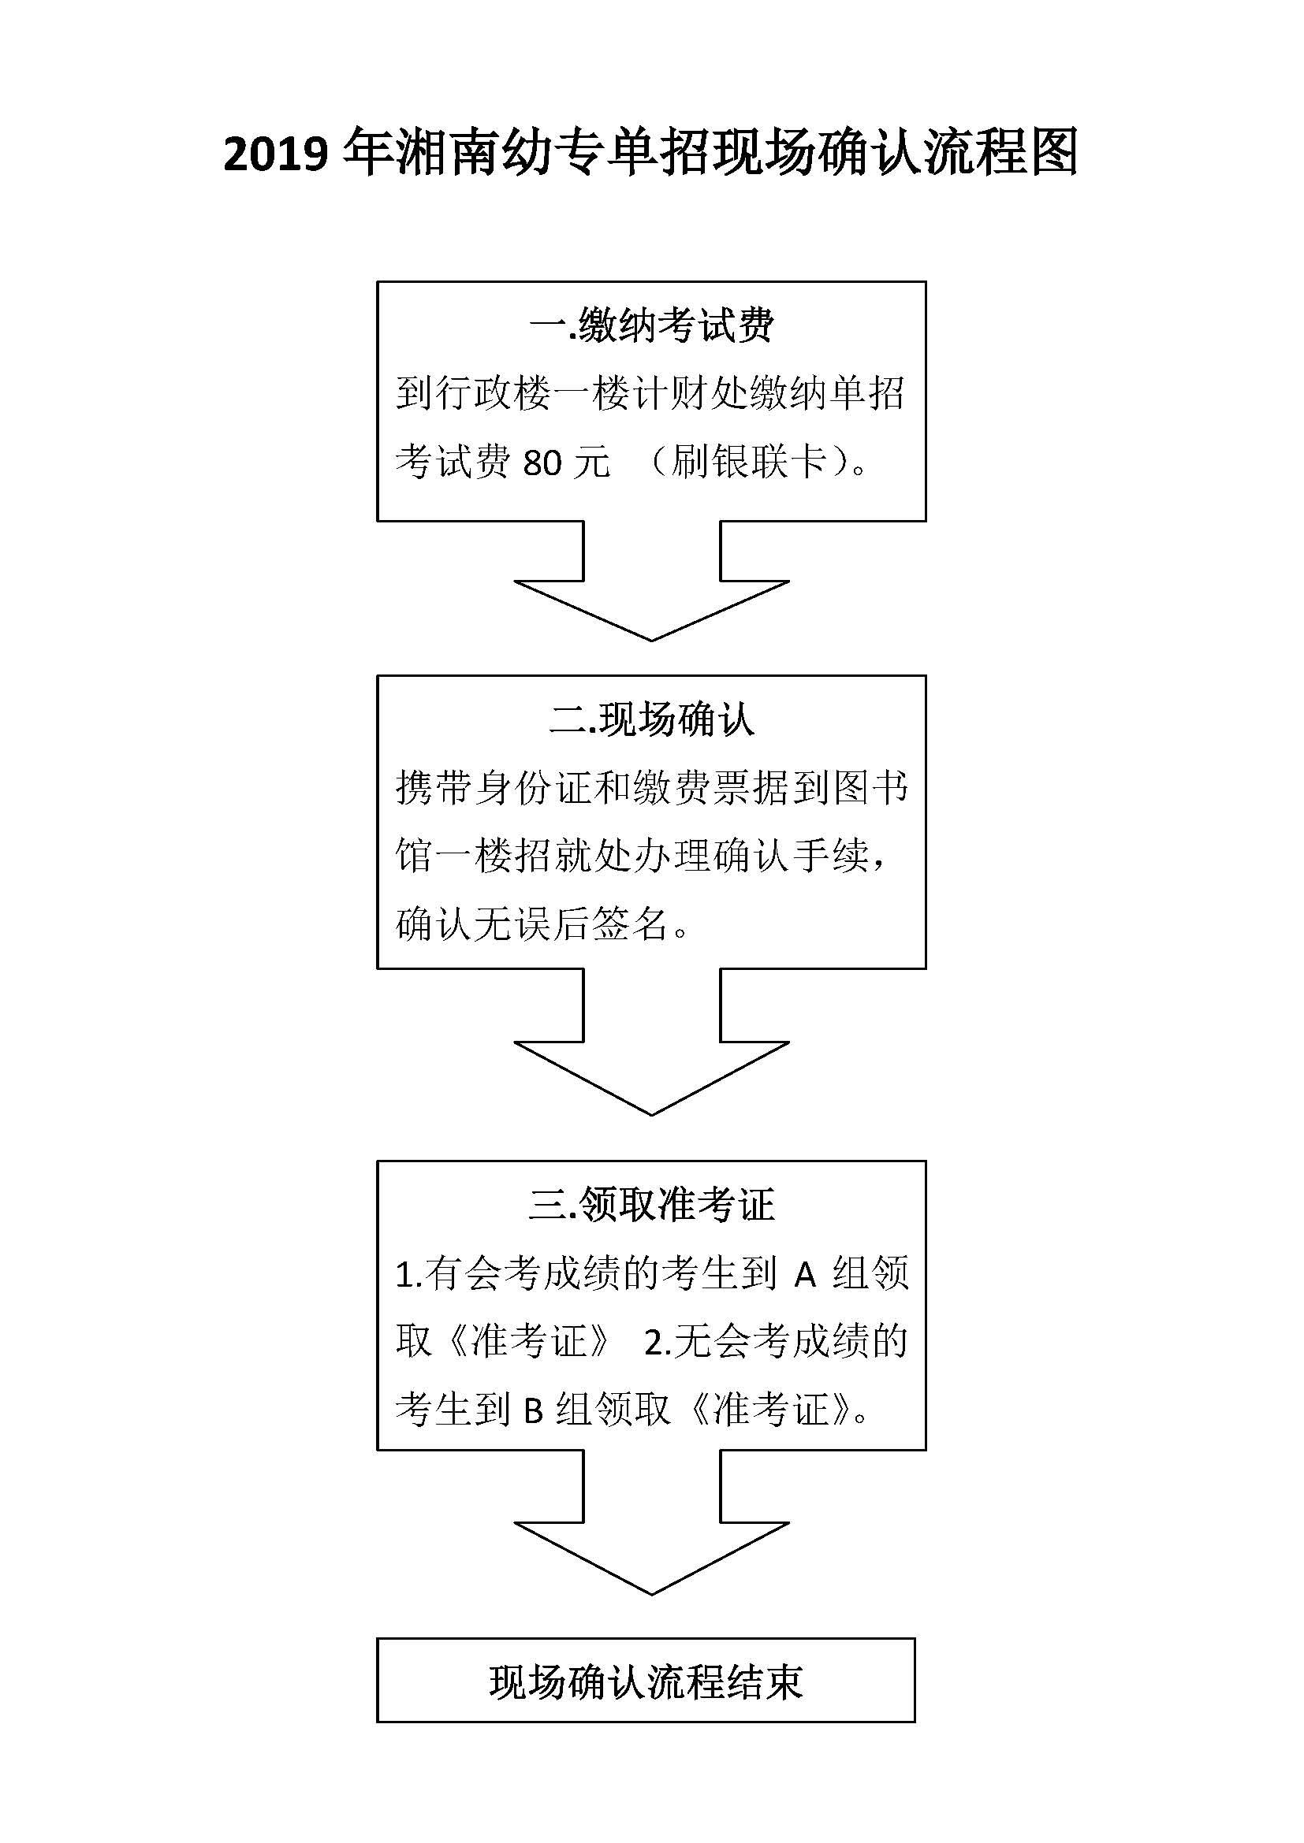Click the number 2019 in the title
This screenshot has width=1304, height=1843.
coord(275,154)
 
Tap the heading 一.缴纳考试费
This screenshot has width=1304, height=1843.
coord(651,325)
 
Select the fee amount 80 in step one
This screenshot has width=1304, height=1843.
coord(542,463)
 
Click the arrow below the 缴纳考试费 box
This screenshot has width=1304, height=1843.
coord(651,582)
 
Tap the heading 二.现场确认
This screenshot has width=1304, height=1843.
coord(651,719)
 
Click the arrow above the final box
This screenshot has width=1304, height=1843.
coord(651,1523)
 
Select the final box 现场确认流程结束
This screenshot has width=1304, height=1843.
coord(646,1680)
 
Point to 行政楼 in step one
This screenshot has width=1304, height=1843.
coord(493,394)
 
